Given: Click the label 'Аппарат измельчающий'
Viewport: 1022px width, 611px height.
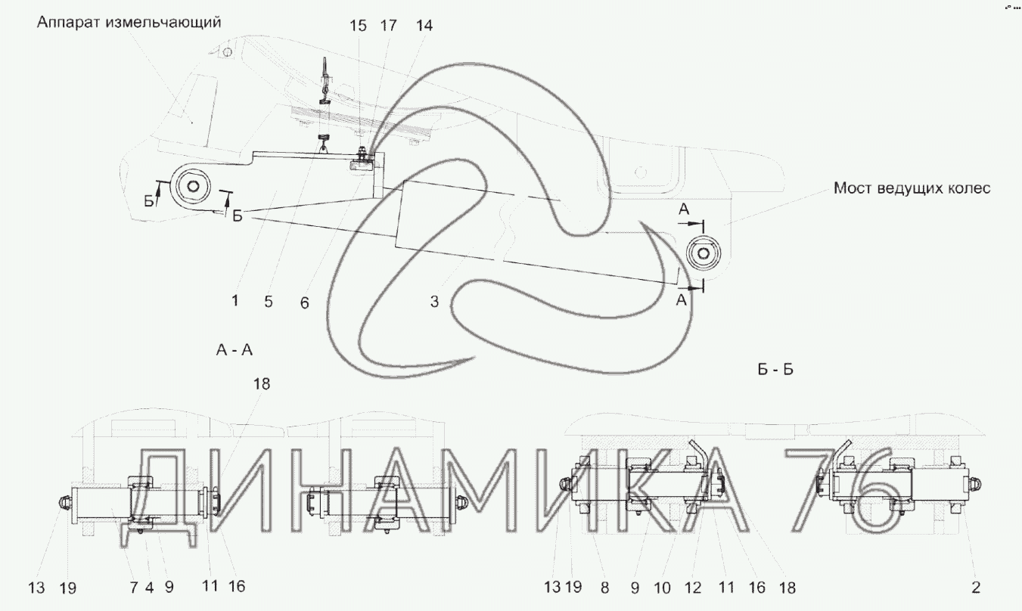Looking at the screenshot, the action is (129, 23).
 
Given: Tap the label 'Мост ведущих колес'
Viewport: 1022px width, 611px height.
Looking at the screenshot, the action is (912, 188).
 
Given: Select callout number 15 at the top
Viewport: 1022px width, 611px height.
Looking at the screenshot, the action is (358, 26).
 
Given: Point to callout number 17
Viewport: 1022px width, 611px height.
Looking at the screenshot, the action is (389, 26).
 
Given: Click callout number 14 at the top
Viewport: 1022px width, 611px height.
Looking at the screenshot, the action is (424, 26).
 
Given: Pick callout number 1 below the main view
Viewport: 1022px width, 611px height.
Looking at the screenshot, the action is (235, 300).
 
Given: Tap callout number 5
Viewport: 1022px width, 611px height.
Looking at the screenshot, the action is (269, 302).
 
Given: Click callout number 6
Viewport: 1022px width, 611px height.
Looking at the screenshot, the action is (304, 302).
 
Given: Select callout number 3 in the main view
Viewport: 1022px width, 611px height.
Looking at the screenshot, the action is (434, 302).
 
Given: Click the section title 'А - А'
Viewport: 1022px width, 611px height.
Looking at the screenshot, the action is (234, 349).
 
